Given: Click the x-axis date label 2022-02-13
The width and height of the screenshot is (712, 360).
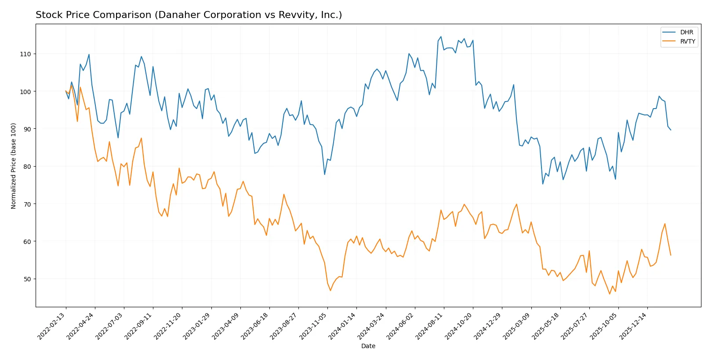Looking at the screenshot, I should (x=52, y=326).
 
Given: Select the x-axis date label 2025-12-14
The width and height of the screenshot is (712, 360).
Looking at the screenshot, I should (x=634, y=326).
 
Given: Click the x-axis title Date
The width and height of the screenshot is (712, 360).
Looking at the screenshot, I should (x=368, y=346).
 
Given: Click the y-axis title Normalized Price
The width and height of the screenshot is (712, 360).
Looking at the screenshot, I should (x=14, y=166).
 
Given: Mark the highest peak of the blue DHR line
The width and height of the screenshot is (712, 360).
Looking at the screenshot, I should (x=441, y=36).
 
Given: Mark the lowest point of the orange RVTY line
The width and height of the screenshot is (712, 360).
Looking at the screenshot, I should (x=610, y=294).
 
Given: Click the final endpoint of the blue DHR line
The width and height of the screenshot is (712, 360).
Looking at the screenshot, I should (x=671, y=130).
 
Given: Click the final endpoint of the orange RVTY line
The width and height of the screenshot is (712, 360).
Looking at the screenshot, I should (x=671, y=255).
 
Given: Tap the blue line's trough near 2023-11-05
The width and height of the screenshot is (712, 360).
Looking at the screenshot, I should (x=325, y=175).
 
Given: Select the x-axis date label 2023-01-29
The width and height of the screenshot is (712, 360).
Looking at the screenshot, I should (x=197, y=326).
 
